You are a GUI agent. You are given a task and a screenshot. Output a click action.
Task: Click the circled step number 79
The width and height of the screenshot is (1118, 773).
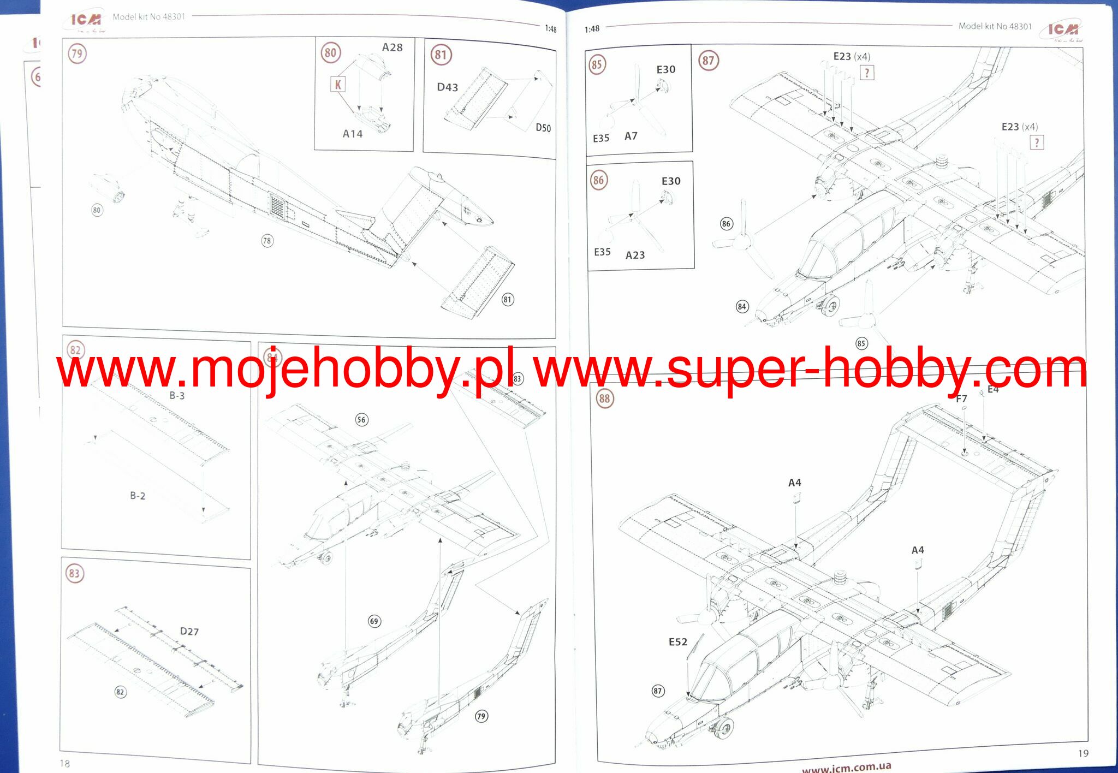coord(77,53)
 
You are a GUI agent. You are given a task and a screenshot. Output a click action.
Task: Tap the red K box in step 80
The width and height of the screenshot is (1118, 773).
coord(338,85)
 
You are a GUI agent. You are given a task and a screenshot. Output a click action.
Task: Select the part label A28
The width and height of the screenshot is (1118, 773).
coord(392,47)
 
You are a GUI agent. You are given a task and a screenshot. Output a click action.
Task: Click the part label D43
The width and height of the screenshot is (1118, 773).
coord(447,87)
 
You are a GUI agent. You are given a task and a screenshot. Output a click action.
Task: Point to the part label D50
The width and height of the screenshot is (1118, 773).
coord(543,128)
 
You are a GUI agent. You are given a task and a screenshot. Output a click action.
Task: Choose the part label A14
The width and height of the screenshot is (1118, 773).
coord(353,134)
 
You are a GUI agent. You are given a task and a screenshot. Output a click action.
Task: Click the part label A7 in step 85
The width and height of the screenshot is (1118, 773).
coord(631,136)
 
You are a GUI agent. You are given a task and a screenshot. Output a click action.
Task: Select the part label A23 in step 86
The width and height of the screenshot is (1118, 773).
coord(635,255)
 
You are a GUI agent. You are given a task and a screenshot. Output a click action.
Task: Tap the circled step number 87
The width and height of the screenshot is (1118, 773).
coord(708,61)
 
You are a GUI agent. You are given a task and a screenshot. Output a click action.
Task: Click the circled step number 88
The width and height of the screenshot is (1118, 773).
coord(604,399)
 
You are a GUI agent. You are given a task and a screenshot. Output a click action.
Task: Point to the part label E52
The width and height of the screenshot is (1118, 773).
coord(678,642)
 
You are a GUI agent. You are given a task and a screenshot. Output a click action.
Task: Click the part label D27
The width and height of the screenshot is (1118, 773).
coord(189,632)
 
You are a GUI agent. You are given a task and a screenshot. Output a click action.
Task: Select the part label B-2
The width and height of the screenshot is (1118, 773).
coord(138,496)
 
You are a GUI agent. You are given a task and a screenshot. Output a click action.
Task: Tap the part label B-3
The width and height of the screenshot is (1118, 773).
coord(177,395)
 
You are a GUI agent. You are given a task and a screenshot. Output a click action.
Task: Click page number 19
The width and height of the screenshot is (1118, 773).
coord(1083,753)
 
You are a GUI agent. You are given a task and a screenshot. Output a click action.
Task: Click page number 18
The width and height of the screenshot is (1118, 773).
coord(65,763)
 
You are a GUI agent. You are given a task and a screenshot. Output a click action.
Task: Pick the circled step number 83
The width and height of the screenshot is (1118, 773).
coord(74,573)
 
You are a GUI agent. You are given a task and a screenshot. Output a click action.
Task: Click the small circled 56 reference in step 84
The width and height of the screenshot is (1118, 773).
coord(361,419)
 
